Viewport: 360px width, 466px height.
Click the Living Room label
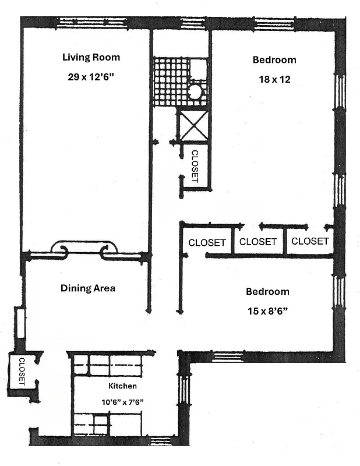(91, 57)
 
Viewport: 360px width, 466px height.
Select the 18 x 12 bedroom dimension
(274, 79)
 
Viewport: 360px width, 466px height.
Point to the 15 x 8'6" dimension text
(267, 310)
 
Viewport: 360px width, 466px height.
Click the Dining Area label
(88, 288)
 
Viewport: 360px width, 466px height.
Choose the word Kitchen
(122, 386)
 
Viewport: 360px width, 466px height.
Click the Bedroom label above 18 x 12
(274, 59)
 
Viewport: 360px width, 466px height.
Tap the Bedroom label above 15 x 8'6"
(267, 291)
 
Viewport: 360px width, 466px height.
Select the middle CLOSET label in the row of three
(258, 241)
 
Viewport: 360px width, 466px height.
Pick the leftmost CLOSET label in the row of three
(207, 242)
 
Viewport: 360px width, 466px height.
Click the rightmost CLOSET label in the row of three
(310, 241)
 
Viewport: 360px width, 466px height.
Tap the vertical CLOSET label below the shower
(195, 167)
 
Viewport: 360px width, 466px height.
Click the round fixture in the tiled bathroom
(195, 92)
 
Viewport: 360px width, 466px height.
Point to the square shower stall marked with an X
(193, 125)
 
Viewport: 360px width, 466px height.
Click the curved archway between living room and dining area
(84, 249)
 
